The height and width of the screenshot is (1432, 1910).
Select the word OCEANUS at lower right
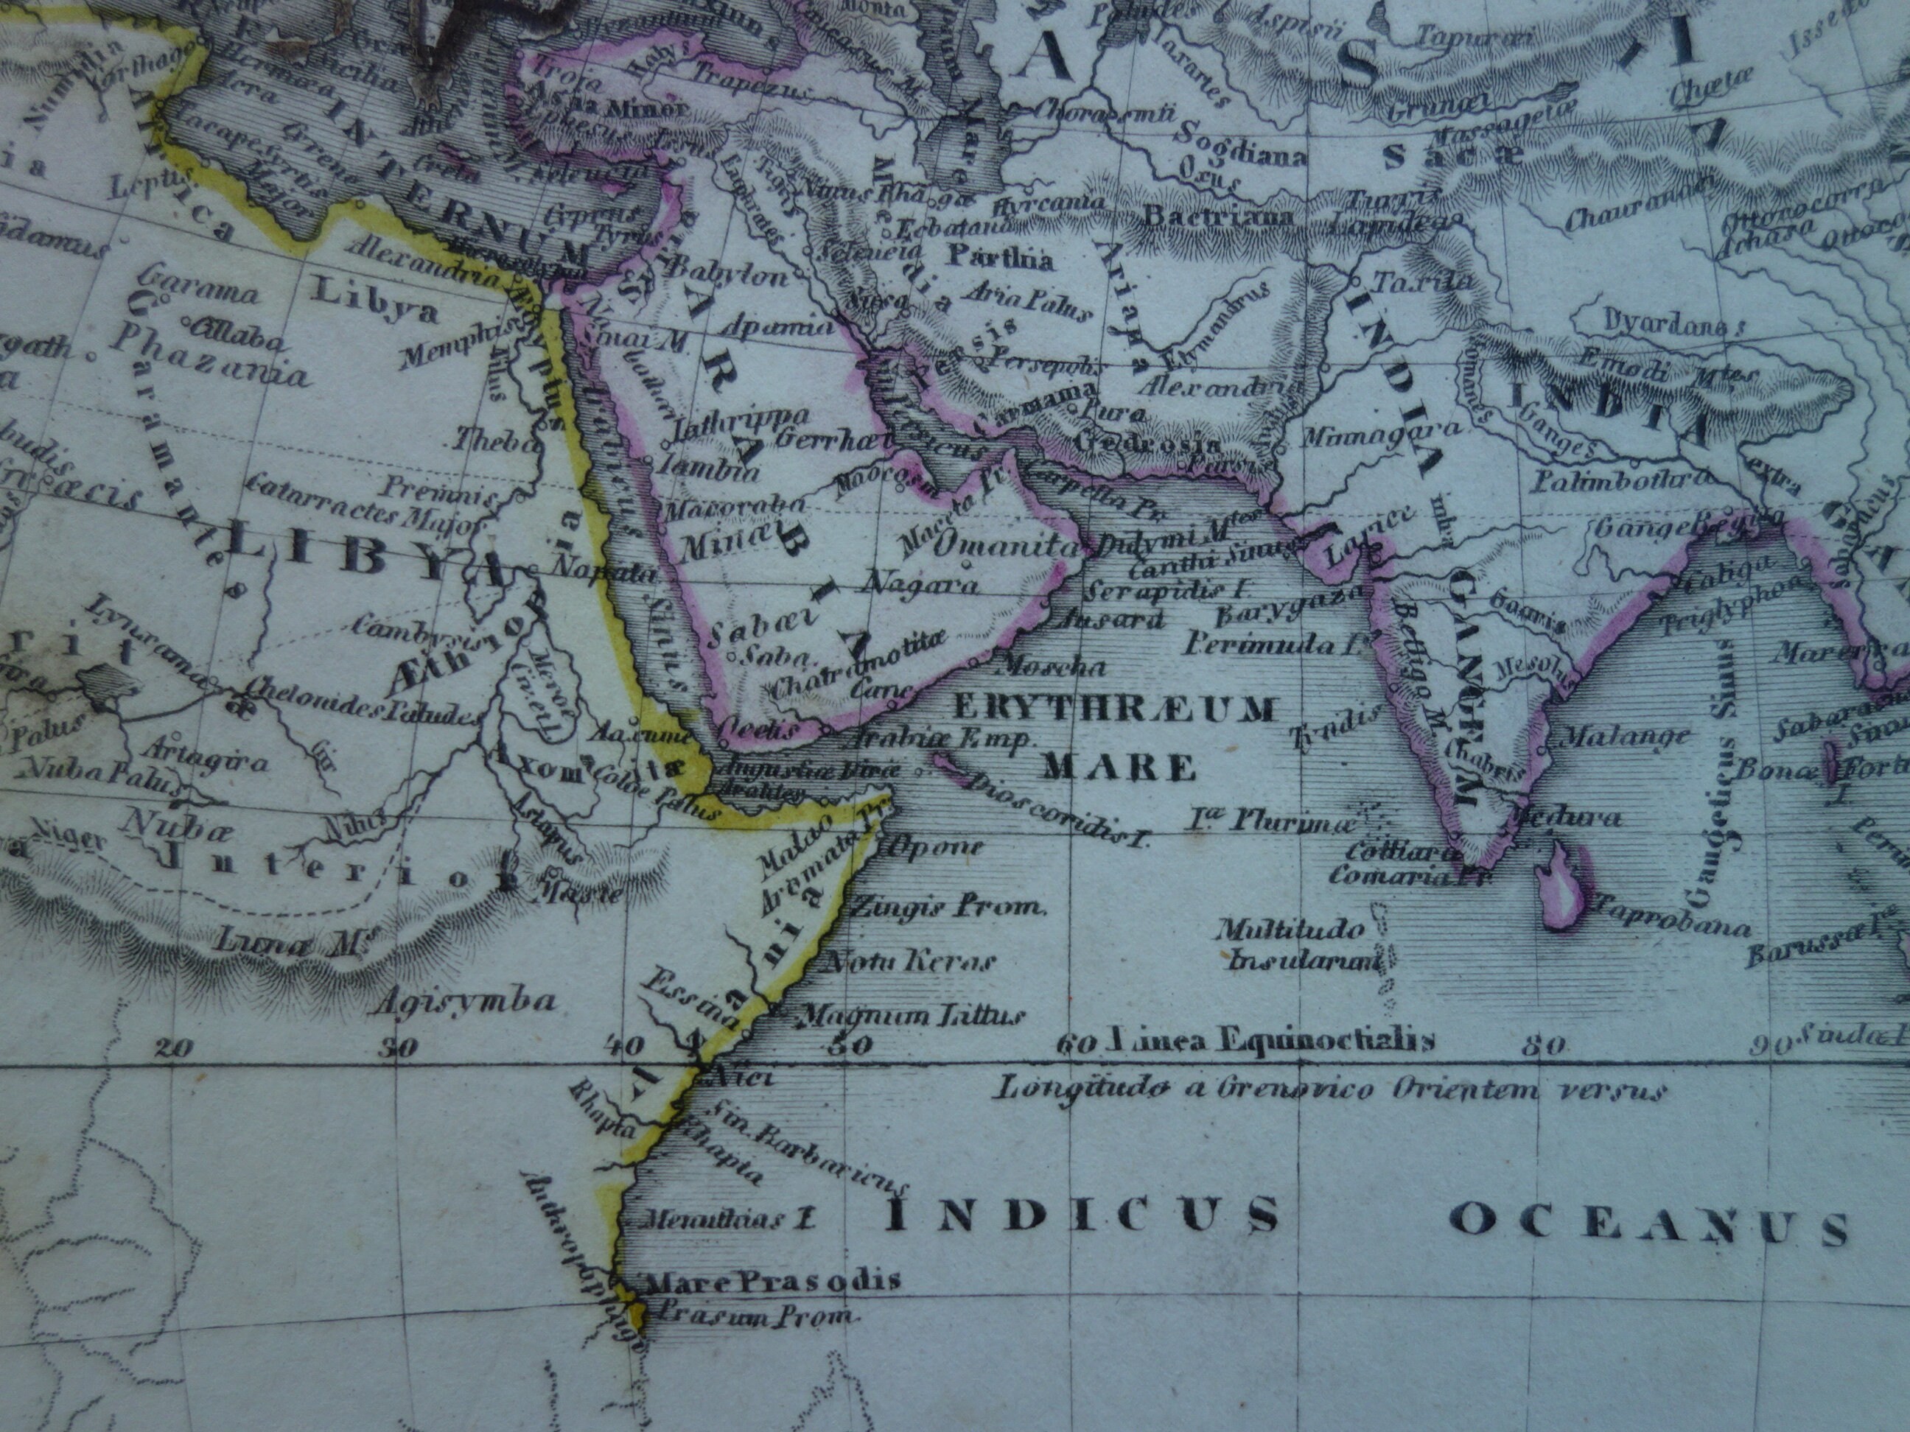[x=1649, y=1224]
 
